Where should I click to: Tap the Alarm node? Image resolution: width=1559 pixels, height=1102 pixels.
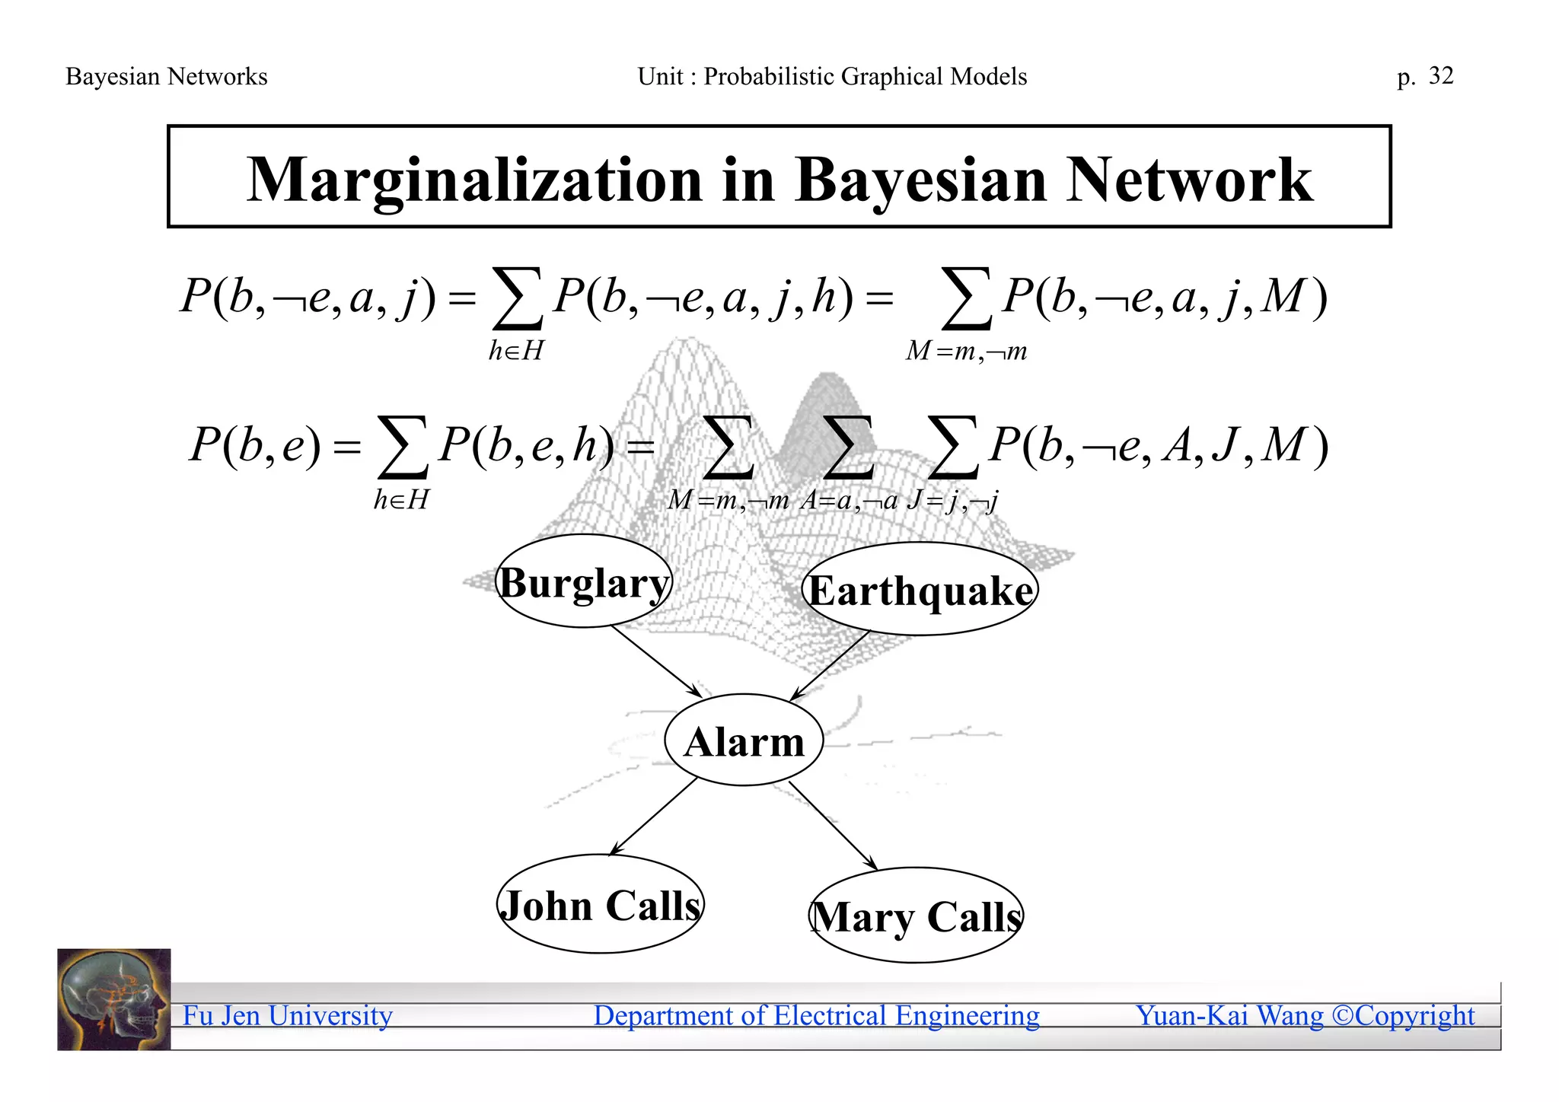(744, 741)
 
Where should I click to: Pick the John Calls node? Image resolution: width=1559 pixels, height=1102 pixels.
(601, 905)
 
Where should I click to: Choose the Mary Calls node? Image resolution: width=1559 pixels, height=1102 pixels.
(916, 916)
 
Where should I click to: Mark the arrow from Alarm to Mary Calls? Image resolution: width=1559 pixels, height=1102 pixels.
(833, 825)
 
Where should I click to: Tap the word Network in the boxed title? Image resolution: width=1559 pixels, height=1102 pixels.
(1189, 180)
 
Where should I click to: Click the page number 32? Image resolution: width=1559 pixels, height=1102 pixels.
(1440, 76)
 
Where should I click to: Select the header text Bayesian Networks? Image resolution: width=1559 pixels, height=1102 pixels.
(167, 77)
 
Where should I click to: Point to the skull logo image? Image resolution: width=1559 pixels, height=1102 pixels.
(114, 999)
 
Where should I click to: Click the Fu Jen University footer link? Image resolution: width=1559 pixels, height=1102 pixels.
(288, 1015)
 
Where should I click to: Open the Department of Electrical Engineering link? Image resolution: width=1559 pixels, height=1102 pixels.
(816, 1015)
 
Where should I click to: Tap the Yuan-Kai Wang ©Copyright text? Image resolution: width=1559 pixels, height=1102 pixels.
(1305, 1015)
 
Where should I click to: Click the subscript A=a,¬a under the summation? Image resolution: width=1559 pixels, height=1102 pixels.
(849, 501)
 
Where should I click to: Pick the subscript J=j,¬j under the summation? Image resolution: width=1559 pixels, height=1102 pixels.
(952, 501)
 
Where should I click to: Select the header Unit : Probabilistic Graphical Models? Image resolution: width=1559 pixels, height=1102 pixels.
(832, 77)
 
